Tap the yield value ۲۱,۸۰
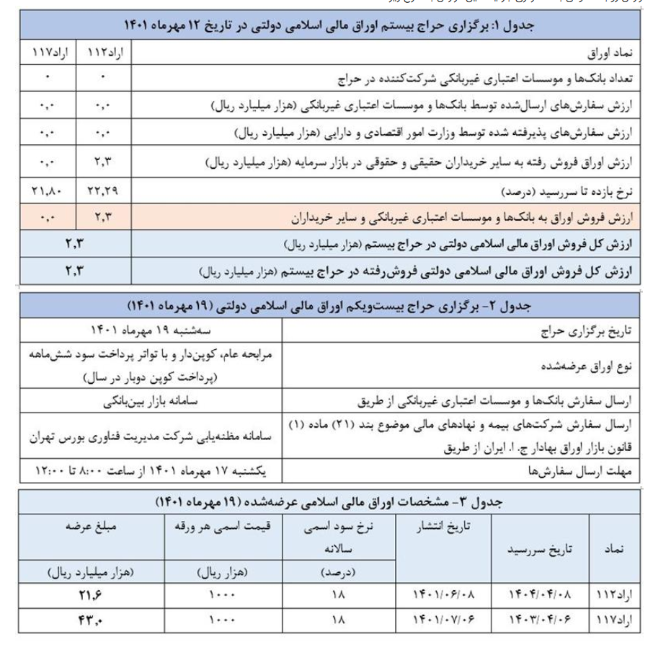48,191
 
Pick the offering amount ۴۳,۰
92,620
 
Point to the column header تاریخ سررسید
538,550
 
